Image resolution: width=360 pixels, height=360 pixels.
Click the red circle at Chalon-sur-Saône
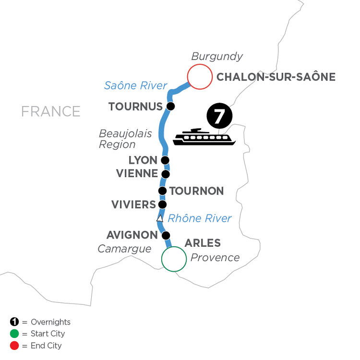[200, 77]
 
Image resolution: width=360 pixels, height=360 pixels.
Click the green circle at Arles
[174, 259]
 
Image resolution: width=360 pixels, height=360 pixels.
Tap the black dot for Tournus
[170, 106]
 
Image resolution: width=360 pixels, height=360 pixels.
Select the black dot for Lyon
[165, 160]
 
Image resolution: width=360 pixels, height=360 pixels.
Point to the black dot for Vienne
[166, 174]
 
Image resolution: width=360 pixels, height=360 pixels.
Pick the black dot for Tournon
[163, 191]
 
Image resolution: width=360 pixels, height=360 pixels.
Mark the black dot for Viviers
[163, 204]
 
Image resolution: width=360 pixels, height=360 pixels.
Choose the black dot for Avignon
[166, 235]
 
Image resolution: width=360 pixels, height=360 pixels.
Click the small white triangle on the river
[160, 219]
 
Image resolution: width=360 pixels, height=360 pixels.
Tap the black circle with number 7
[219, 117]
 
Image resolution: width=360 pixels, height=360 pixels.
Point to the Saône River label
[135, 86]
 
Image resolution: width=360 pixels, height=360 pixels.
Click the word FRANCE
[50, 111]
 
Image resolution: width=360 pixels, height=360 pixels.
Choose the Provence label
[215, 257]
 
